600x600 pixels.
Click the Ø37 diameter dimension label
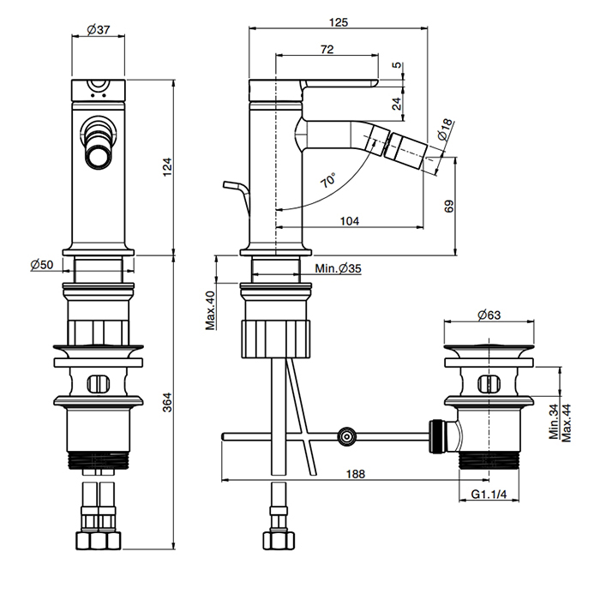pos(100,30)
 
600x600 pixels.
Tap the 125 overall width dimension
pos(338,23)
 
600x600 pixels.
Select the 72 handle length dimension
pos(326,50)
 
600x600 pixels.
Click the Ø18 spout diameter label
pos(443,129)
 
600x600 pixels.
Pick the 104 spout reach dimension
pos(350,220)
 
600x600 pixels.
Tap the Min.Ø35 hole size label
pos(338,269)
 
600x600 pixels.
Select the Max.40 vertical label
pos(210,309)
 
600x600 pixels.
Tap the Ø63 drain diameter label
pos(488,315)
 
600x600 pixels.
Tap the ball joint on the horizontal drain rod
pos(346,436)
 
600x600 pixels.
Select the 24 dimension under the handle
pos(396,103)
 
